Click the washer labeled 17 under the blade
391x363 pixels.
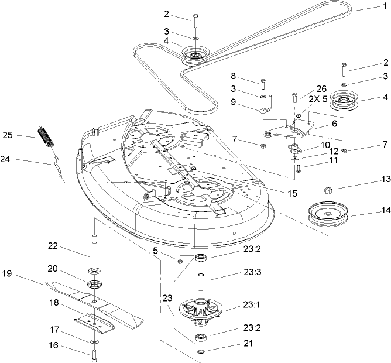click(94, 340)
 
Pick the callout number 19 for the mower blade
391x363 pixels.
click(7, 273)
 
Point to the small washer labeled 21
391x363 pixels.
click(200, 351)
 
